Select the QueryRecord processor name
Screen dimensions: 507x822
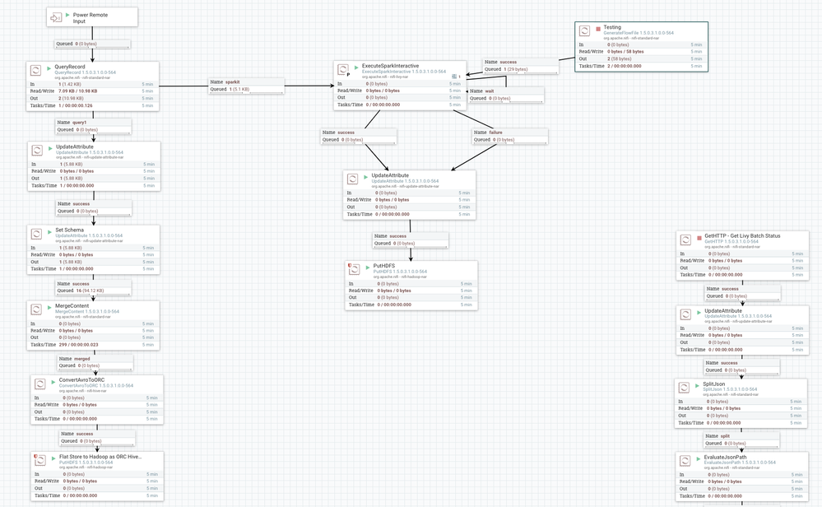[x=70, y=67]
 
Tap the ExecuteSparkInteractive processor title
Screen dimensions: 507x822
[x=390, y=66]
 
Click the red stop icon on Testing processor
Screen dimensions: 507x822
[x=598, y=30]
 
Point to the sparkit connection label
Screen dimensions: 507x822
[x=233, y=82]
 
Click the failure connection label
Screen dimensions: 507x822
[x=495, y=132]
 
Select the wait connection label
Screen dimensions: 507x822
[x=490, y=91]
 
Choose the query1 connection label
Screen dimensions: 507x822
[x=79, y=123]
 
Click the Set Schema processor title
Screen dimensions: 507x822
[x=70, y=230]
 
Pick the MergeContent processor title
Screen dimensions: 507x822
[x=72, y=305]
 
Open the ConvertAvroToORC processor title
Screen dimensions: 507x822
[x=82, y=380]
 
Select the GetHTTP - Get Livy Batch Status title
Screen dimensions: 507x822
[x=742, y=235]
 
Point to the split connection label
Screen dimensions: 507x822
[x=726, y=436]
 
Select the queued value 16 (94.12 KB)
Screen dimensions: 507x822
[x=81, y=291]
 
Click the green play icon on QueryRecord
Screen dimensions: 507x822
[x=49, y=68]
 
